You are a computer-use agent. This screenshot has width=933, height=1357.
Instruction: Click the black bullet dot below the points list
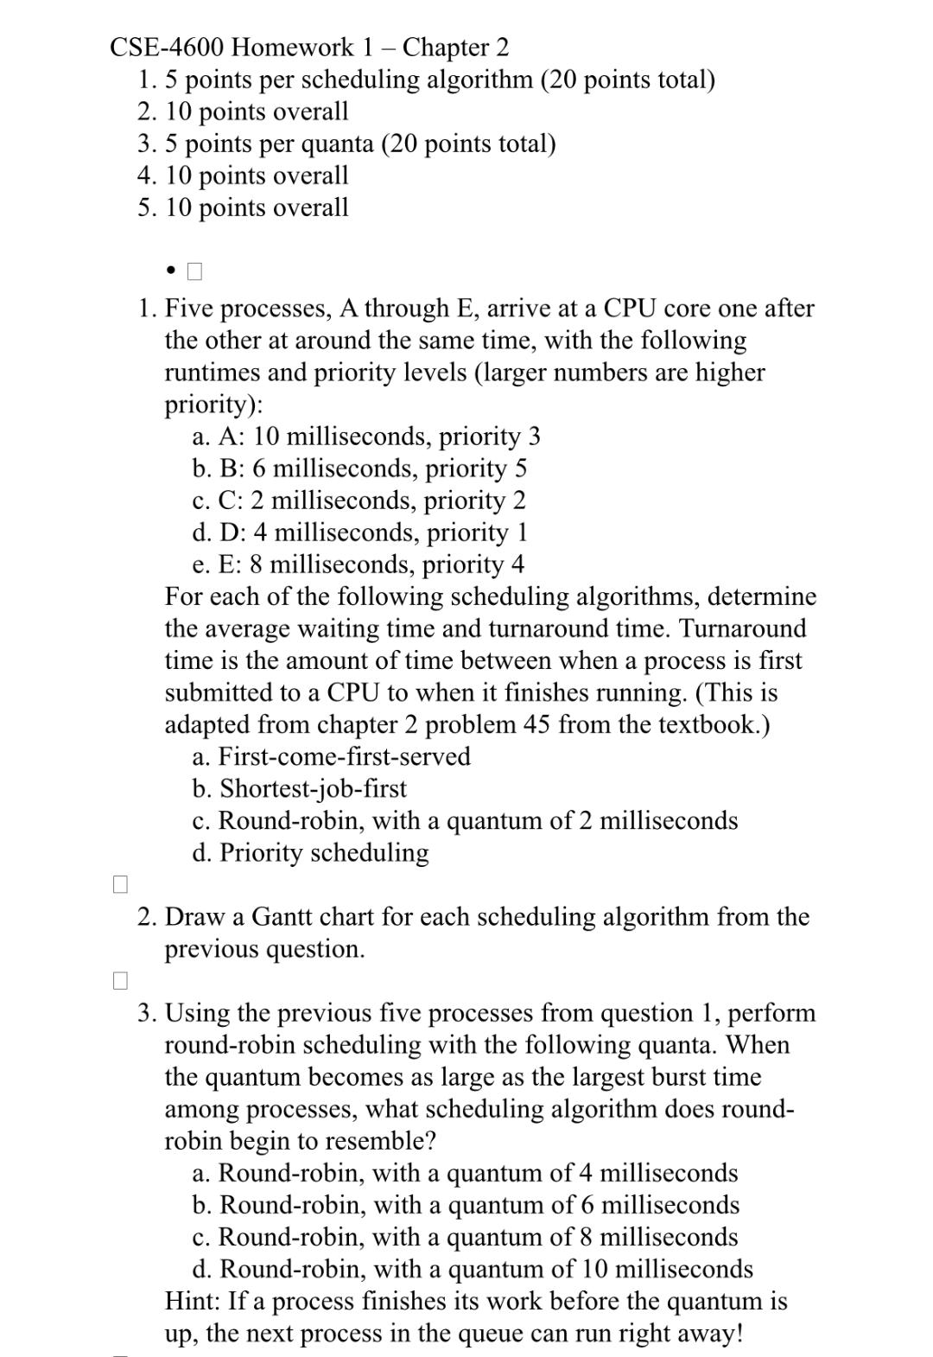coord(171,271)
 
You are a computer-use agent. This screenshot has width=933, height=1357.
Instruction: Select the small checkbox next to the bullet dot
coord(194,271)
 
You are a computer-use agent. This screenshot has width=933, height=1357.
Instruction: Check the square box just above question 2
coord(120,884)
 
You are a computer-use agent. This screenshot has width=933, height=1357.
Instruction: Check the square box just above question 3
coord(120,980)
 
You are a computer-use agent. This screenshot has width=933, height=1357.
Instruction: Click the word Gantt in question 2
coord(284,916)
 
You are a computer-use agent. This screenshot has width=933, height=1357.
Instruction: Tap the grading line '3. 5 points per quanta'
coord(346,143)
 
